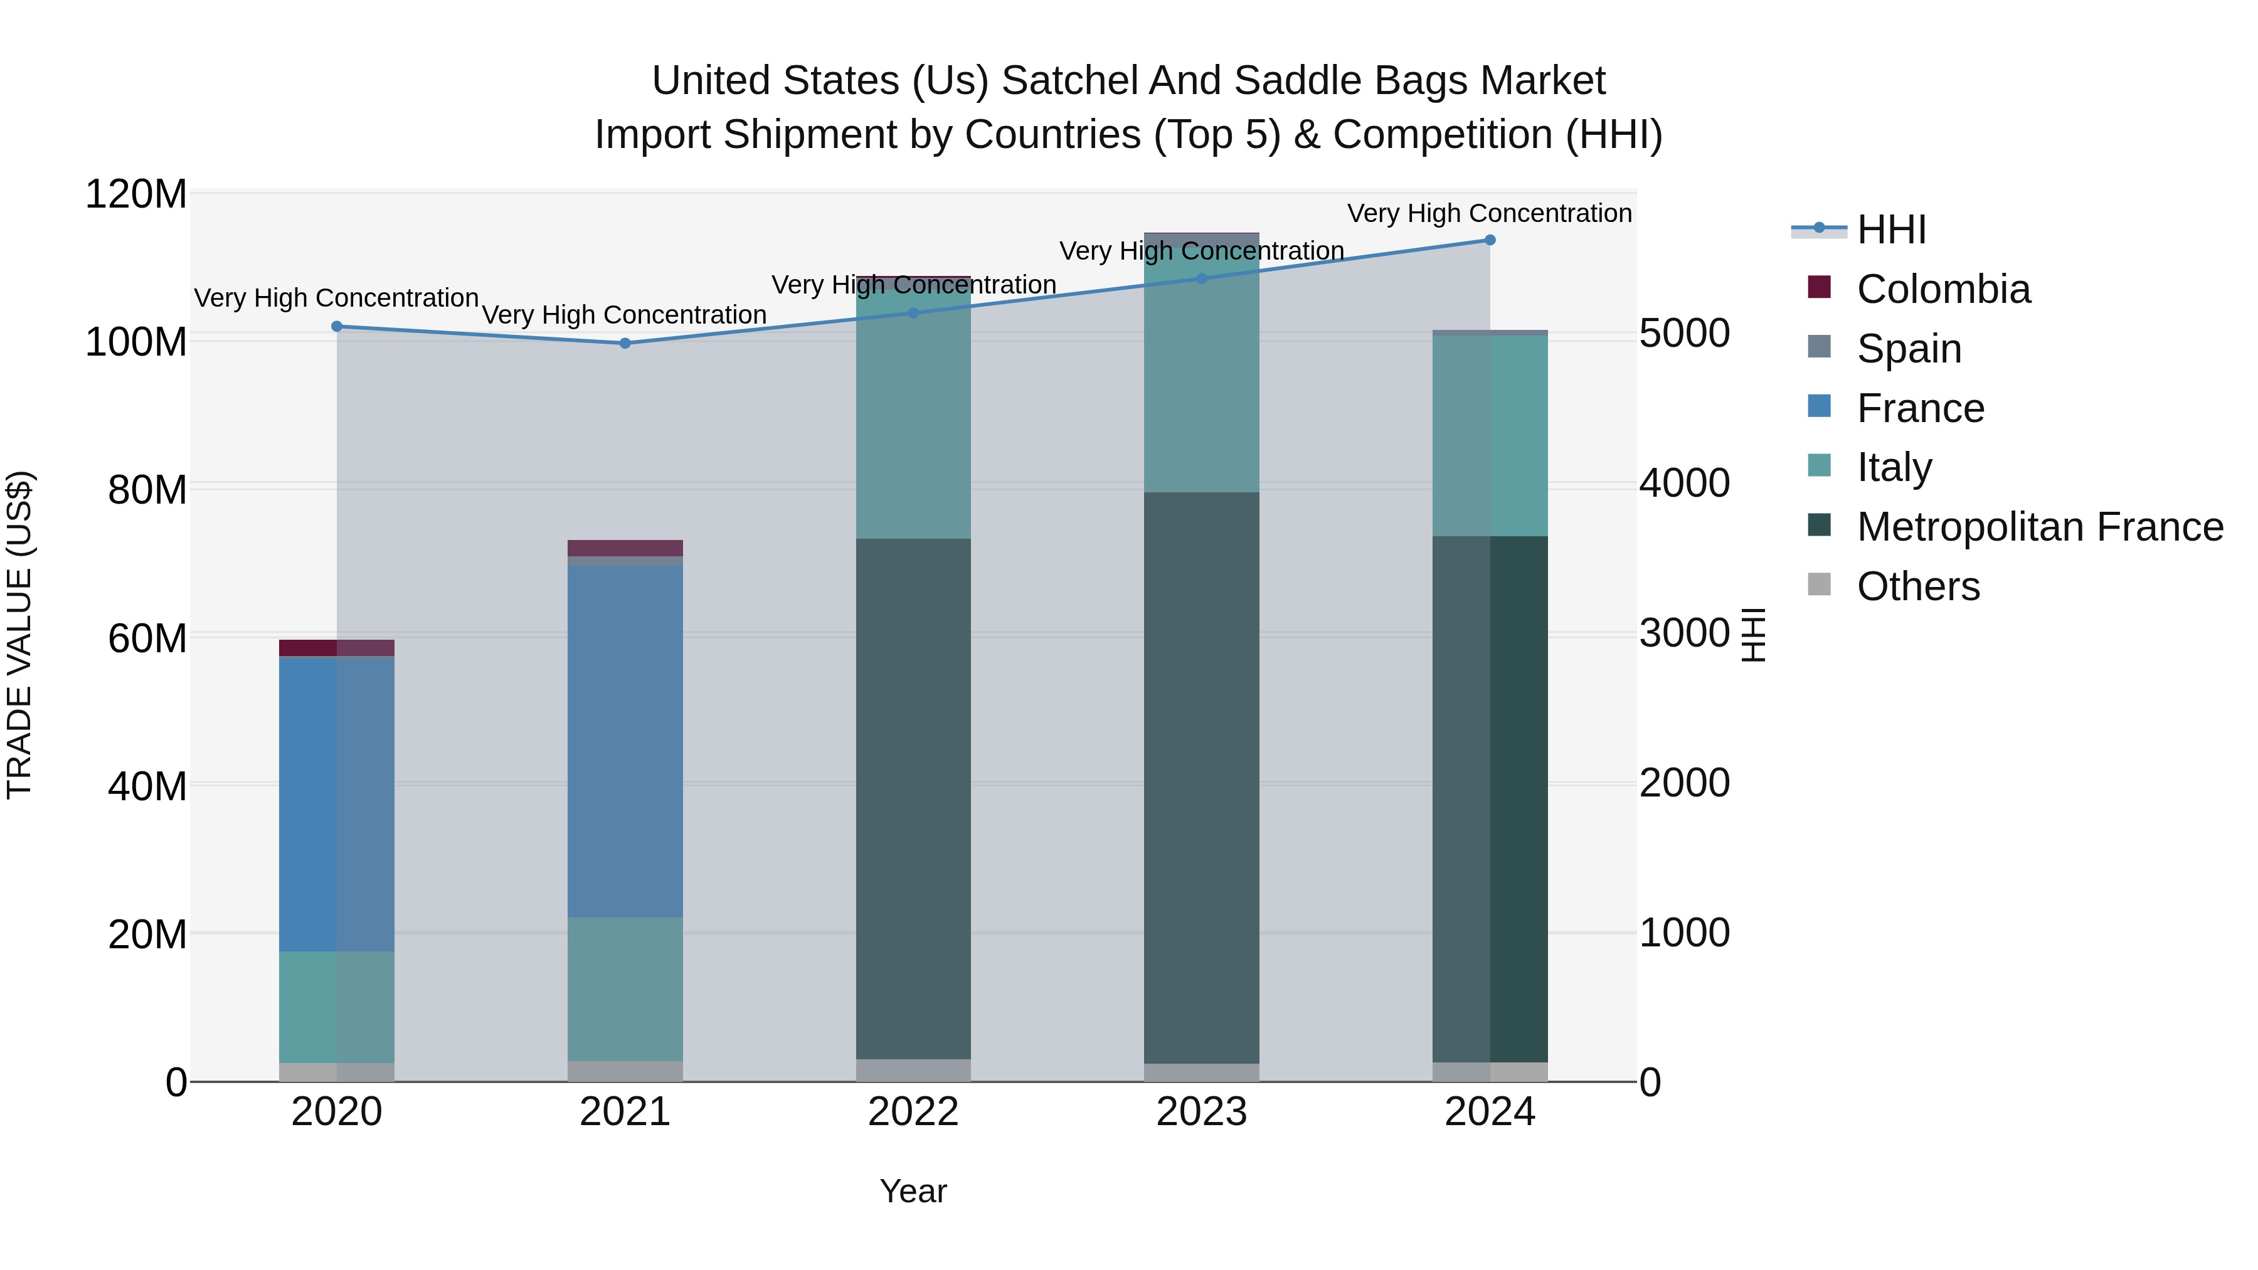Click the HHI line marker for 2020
pyautogui.click(x=337, y=326)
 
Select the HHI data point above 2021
pyautogui.click(x=625, y=342)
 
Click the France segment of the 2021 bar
pyautogui.click(x=625, y=741)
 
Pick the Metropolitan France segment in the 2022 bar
pyautogui.click(x=913, y=798)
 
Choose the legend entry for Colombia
pyautogui.click(x=1943, y=289)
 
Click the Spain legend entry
pyautogui.click(x=1908, y=349)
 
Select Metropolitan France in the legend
pyautogui.click(x=2039, y=527)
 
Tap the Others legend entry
pyautogui.click(x=1917, y=586)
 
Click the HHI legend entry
pyautogui.click(x=1890, y=230)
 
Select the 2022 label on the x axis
pyautogui.click(x=913, y=1112)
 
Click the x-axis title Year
pyautogui.click(x=913, y=1191)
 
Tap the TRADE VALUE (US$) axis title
pyautogui.click(x=19, y=635)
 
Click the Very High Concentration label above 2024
pyautogui.click(x=1488, y=213)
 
